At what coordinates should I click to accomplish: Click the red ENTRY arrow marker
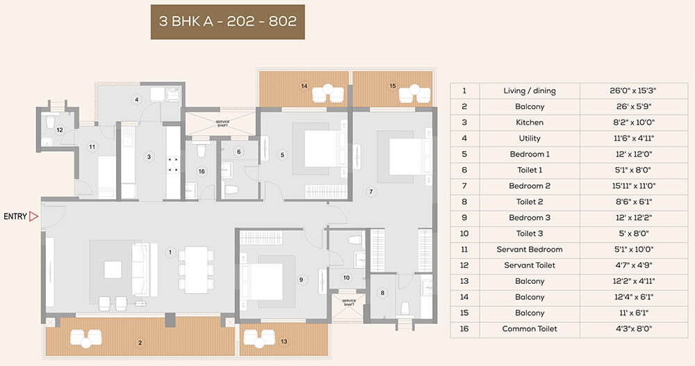(x=34, y=216)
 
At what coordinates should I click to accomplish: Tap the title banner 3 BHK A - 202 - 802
(x=227, y=21)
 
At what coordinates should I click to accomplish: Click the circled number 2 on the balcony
(x=140, y=342)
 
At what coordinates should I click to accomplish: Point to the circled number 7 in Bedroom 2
(x=371, y=191)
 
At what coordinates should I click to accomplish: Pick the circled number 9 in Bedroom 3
(x=301, y=280)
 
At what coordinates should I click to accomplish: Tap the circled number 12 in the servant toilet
(x=60, y=129)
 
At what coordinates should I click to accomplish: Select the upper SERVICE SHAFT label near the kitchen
(x=222, y=124)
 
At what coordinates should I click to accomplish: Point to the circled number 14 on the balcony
(x=304, y=86)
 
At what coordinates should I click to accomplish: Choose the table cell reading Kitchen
(x=530, y=122)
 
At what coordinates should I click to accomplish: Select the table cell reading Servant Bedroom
(x=530, y=249)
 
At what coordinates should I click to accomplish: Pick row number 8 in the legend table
(x=464, y=202)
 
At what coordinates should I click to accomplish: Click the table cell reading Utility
(x=530, y=138)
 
